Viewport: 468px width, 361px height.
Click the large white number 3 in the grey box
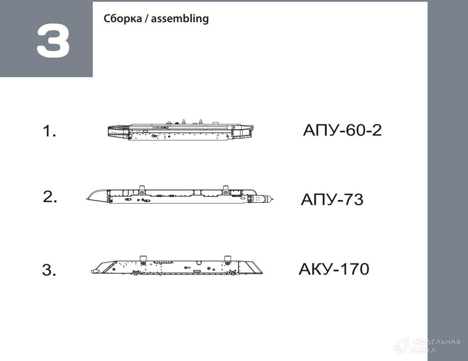pyautogui.click(x=53, y=41)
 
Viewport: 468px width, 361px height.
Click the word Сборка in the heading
pyautogui.click(x=123, y=19)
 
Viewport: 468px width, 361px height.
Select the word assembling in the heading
pyautogui.click(x=180, y=19)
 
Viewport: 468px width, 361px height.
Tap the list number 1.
pyautogui.click(x=49, y=131)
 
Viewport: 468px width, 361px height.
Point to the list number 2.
pyautogui.click(x=50, y=197)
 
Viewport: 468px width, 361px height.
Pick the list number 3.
pyautogui.click(x=49, y=270)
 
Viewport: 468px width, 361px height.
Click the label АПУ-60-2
pyautogui.click(x=342, y=130)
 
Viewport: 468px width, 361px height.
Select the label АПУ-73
pyautogui.click(x=332, y=200)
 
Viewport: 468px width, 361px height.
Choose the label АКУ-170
pyautogui.click(x=334, y=269)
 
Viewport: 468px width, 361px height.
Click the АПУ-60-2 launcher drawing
pyautogui.click(x=181, y=130)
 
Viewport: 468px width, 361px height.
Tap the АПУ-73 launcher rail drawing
pyautogui.click(x=180, y=195)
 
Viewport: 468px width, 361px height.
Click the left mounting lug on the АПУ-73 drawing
pyautogui.click(x=142, y=190)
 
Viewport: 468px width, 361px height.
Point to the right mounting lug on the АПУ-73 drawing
pyautogui.click(x=226, y=190)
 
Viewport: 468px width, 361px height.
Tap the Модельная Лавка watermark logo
pyautogui.click(x=427, y=346)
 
